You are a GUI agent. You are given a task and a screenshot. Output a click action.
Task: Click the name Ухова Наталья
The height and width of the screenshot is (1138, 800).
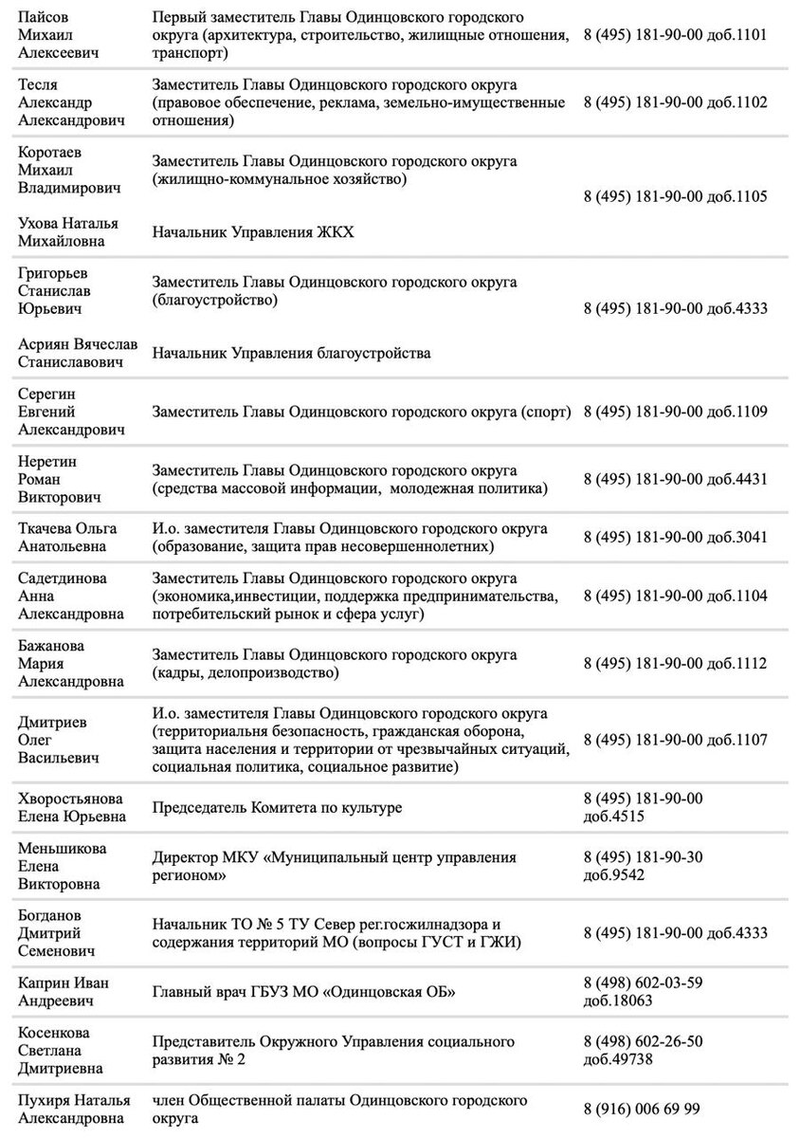(x=69, y=222)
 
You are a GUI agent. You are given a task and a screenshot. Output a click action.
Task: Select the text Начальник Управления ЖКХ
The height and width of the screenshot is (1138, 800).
(x=253, y=231)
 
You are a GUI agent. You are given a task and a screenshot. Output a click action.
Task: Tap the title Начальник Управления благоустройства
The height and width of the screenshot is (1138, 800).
(x=291, y=353)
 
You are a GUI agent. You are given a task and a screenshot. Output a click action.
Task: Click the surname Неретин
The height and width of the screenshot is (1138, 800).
(x=47, y=461)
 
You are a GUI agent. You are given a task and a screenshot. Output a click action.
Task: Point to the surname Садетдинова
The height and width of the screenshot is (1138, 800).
(x=63, y=578)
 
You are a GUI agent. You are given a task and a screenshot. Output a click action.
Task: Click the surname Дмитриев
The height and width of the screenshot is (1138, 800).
(x=53, y=722)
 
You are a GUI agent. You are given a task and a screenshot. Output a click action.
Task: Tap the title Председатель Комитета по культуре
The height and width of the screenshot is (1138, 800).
(x=277, y=807)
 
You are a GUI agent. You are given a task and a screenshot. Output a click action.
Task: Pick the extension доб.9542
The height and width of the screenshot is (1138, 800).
(x=614, y=874)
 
